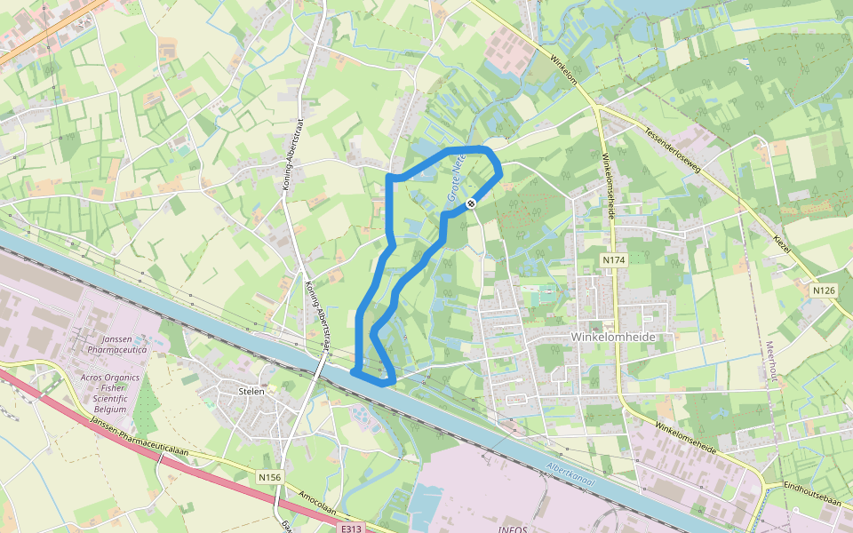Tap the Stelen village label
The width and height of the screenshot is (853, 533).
[x=252, y=390]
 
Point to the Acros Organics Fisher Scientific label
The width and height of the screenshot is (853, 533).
[x=109, y=388]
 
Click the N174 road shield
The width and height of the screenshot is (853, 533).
[x=613, y=260]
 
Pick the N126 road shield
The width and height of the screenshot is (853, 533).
[x=824, y=290]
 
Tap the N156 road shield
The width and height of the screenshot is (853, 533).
[x=269, y=478]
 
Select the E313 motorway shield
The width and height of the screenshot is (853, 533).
[x=352, y=528]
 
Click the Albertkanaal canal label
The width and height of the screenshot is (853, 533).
[x=570, y=476]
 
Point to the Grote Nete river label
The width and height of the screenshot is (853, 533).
[x=457, y=179]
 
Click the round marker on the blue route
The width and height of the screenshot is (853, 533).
[x=471, y=203]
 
